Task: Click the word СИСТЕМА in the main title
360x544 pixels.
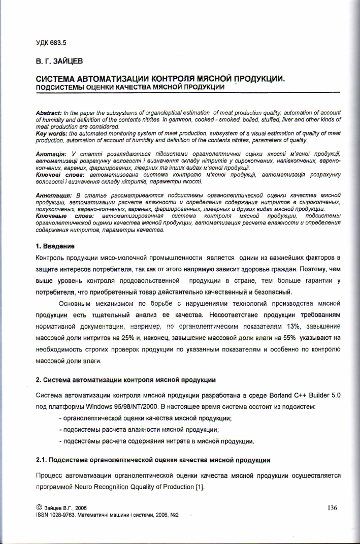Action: [55, 79]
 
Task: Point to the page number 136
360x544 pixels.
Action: [333, 507]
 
